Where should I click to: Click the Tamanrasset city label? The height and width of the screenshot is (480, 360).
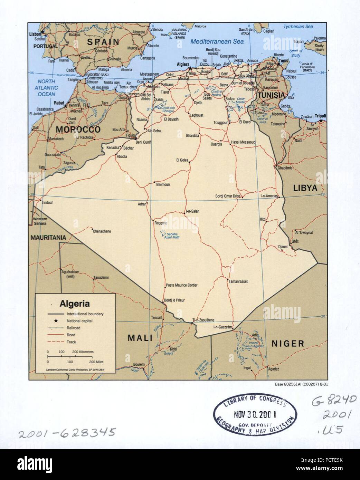(x=238, y=281)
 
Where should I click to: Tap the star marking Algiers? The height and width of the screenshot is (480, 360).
(x=190, y=68)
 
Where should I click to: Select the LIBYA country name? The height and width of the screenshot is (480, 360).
(x=305, y=188)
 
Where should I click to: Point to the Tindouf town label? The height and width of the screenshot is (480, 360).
(x=47, y=203)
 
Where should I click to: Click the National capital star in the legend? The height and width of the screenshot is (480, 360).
(x=56, y=321)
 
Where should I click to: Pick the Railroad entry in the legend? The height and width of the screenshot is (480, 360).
(x=73, y=328)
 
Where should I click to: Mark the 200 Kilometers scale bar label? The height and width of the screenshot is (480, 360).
(x=83, y=352)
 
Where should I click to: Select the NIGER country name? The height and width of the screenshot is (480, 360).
(x=287, y=344)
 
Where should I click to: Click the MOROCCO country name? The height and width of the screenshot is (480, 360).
(x=78, y=129)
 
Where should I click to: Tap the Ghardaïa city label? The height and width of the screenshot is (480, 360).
(x=192, y=135)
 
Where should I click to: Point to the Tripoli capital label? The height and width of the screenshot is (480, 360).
(x=320, y=116)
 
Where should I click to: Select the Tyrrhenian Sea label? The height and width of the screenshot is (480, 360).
(x=298, y=27)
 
